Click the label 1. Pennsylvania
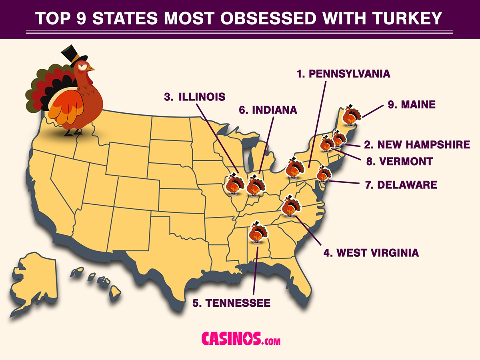(x=343, y=74)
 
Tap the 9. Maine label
(x=411, y=105)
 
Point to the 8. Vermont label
(x=399, y=161)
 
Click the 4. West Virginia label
(x=371, y=252)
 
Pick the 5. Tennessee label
(x=231, y=303)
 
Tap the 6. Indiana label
(x=268, y=110)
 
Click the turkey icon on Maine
(x=351, y=115)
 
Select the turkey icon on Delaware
(x=323, y=174)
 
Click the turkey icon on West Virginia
(x=290, y=206)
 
